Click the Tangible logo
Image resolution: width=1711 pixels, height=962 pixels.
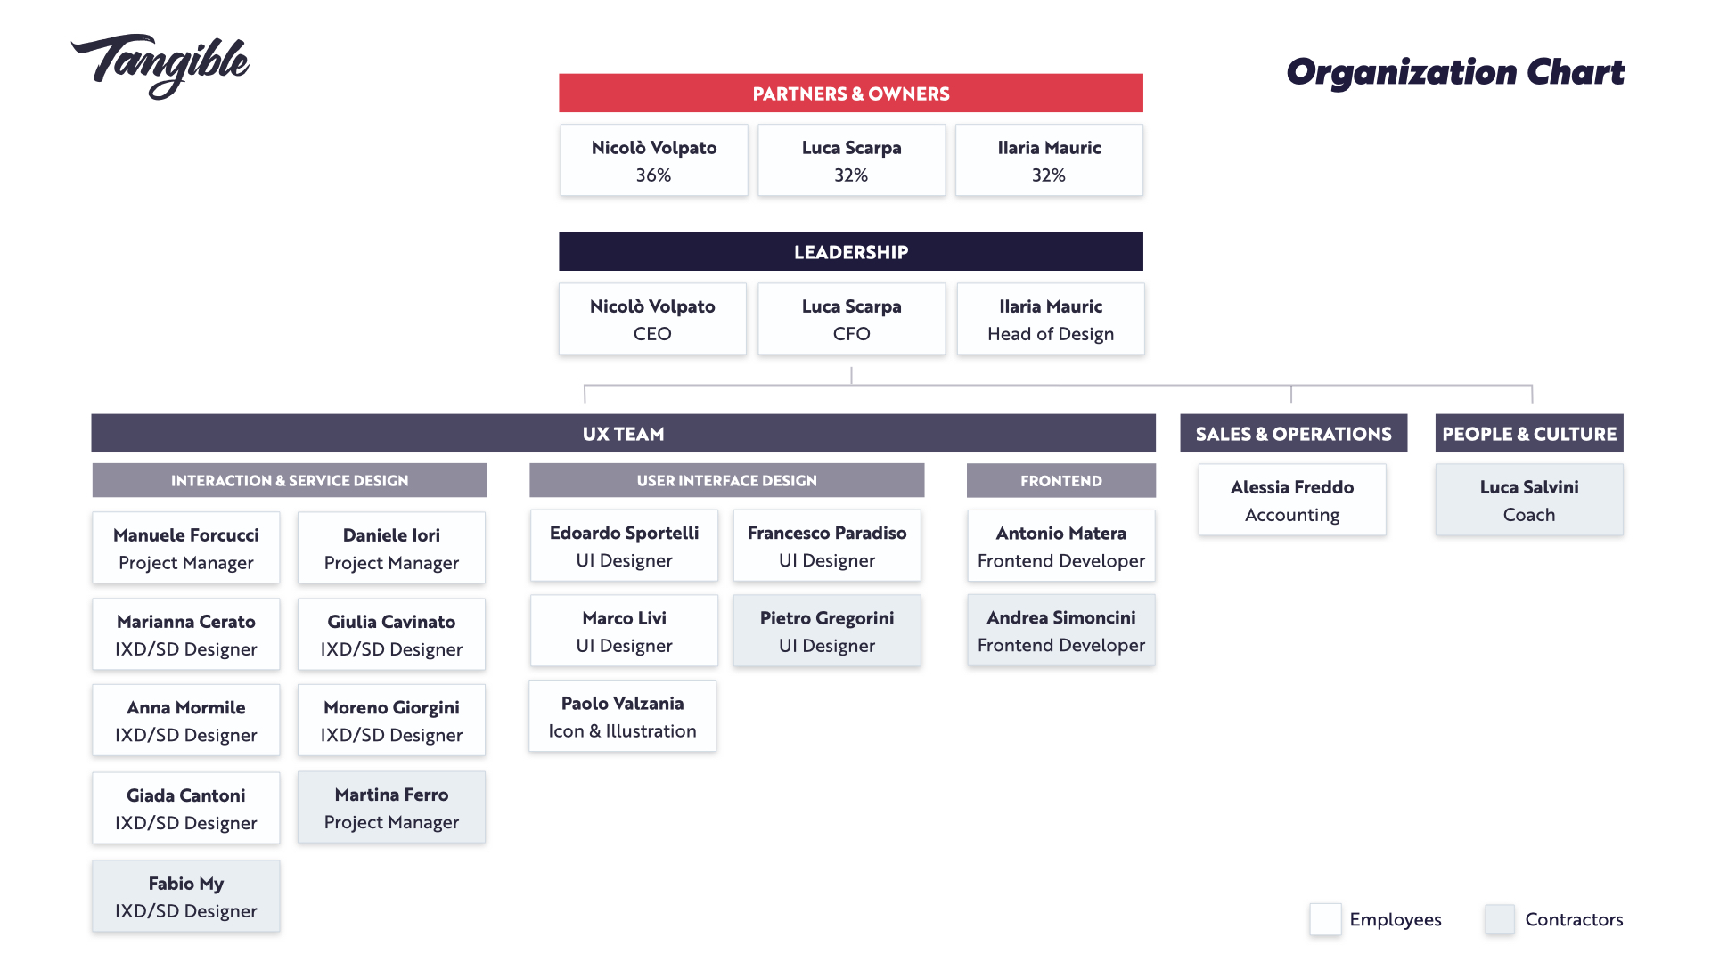[x=160, y=67]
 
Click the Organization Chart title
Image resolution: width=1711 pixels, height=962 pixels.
[x=1455, y=72]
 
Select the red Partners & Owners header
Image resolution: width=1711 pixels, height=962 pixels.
[x=851, y=94]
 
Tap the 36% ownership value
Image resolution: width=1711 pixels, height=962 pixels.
[x=653, y=175]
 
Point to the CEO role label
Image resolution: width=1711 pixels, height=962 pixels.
[x=652, y=334]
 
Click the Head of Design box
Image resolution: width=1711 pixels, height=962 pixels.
[x=1051, y=320]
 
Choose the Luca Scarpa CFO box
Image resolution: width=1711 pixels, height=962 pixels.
[x=851, y=320]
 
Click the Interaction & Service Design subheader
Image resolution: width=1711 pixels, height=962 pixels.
[x=290, y=481]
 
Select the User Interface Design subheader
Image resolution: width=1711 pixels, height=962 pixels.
[x=726, y=481]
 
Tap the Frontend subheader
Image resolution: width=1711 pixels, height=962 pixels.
[x=1061, y=481]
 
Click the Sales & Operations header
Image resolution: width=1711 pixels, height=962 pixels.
[x=1294, y=434]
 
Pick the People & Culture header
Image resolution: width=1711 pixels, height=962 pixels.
[x=1529, y=434]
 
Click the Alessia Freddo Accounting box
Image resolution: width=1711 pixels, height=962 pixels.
[x=1292, y=501]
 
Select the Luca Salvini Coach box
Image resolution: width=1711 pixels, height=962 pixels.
[x=1529, y=501]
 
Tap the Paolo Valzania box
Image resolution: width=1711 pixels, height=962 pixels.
[x=623, y=717]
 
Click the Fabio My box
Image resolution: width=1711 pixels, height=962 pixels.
[x=186, y=897]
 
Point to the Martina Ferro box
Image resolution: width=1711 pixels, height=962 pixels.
[x=392, y=808]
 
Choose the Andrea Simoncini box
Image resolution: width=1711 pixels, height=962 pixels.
[x=1061, y=631]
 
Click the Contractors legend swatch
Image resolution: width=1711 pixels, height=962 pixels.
[x=1500, y=919]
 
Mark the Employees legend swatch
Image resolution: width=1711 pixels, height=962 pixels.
[x=1325, y=919]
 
